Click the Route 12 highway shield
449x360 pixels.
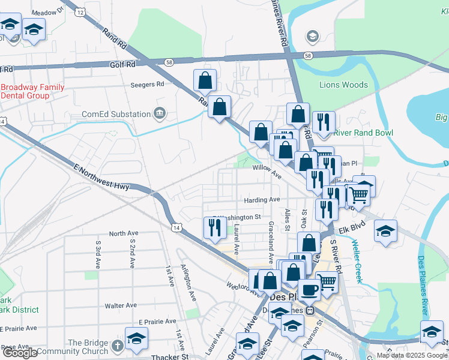[x=80, y=12]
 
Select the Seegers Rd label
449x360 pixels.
[x=147, y=85]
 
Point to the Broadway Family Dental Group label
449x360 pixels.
[x=32, y=91]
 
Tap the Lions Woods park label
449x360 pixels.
[x=343, y=85]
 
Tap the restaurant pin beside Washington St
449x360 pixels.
[x=215, y=227]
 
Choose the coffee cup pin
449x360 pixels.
[x=309, y=290]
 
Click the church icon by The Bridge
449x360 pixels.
[x=117, y=346]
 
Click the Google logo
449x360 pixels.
[x=20, y=353]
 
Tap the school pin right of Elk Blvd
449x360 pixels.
[x=385, y=230]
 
